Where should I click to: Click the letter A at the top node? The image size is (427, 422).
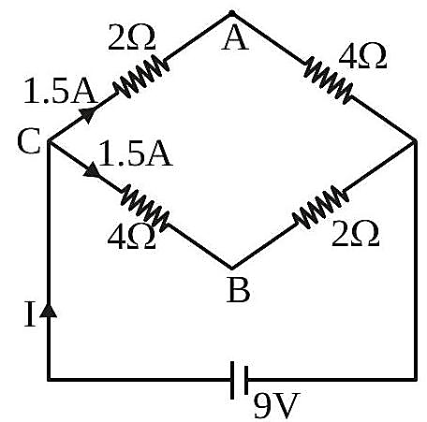pyautogui.click(x=235, y=38)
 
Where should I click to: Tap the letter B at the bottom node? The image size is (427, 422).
pyautogui.click(x=238, y=289)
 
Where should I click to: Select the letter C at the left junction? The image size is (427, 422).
pyautogui.click(x=29, y=141)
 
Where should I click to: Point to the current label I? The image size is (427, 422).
pyautogui.click(x=30, y=314)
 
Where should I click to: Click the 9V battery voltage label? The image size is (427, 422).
pyautogui.click(x=276, y=404)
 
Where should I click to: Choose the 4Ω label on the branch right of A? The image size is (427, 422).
pyautogui.click(x=362, y=56)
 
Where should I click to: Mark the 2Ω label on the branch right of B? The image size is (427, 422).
pyautogui.click(x=356, y=234)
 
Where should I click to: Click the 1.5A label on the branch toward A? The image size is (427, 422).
pyautogui.click(x=60, y=91)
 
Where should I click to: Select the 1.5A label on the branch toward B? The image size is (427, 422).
pyautogui.click(x=136, y=153)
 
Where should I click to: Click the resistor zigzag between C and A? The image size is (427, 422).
pyautogui.click(x=141, y=77)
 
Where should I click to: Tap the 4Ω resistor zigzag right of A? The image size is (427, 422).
pyautogui.click(x=328, y=80)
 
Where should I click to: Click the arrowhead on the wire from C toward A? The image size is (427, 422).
pyautogui.click(x=88, y=114)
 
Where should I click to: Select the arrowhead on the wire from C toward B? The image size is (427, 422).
pyautogui.click(x=92, y=170)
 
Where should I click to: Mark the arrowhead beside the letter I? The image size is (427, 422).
pyautogui.click(x=49, y=311)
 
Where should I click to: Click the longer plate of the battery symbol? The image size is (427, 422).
pyautogui.click(x=232, y=380)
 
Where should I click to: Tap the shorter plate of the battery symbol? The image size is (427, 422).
pyautogui.click(x=246, y=380)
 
